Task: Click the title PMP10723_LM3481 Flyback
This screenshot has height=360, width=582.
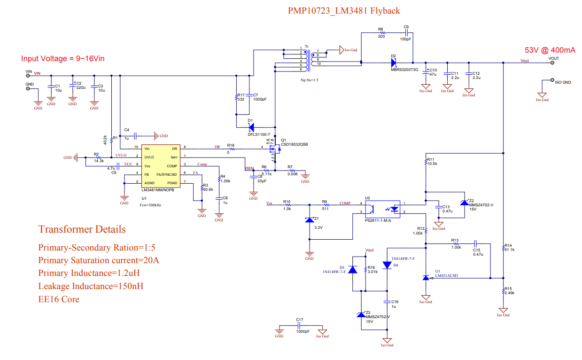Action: tap(343, 10)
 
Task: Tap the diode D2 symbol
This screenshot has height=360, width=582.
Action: tap(394, 62)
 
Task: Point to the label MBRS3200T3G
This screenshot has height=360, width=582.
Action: tap(404, 70)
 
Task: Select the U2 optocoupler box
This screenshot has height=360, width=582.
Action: tap(382, 208)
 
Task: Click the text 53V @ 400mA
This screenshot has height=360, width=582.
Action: tap(550, 50)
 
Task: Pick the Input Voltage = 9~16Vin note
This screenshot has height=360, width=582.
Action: tap(62, 58)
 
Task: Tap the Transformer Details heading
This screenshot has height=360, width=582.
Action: tap(82, 229)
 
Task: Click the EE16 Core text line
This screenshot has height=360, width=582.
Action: tap(59, 299)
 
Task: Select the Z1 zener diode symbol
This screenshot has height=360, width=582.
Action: tap(309, 220)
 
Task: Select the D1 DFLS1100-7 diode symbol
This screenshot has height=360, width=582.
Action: tap(250, 127)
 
